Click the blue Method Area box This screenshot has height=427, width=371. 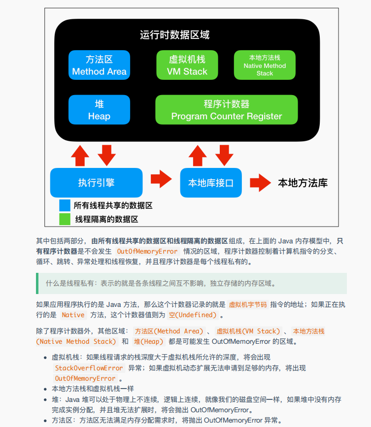pos(99,65)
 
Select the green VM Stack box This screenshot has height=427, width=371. pos(187,65)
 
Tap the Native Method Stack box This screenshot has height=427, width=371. pos(265,65)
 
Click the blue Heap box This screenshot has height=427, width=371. pos(99,110)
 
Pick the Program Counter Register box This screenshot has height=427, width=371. pos(227,110)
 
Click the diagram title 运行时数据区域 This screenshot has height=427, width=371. pos(174,35)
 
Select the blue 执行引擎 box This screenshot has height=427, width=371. pos(97,183)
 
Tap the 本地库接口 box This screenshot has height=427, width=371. pos(211,183)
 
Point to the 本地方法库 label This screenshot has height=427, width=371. pos(303,183)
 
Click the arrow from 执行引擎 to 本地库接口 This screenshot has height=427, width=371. pos(161,179)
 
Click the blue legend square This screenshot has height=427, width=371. pos(65,205)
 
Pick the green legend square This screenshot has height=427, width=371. pos(65,219)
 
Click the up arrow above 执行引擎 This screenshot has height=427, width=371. pos(80,155)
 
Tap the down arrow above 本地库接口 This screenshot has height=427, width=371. pos(225,155)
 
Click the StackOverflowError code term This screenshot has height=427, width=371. pos(89,368)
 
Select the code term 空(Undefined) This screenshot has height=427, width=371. pos(193,315)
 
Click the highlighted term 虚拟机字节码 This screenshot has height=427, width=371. pos(248,304)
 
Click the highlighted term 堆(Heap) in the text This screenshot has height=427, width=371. pos(148,341)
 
